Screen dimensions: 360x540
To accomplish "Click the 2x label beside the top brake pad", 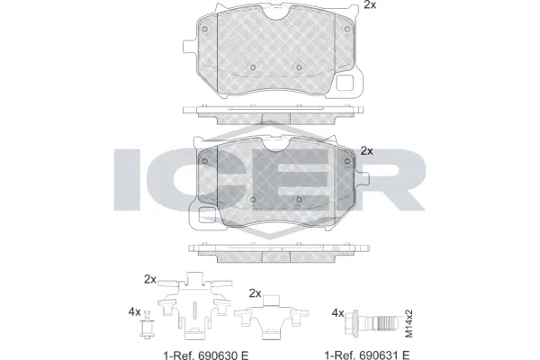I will pyautogui.click(x=370, y=6).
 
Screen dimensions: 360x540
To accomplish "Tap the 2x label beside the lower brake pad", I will pyautogui.click(x=366, y=151).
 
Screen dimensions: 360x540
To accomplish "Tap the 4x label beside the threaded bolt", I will pyautogui.click(x=338, y=312).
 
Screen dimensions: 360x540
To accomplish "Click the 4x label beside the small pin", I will pyautogui.click(x=135, y=312).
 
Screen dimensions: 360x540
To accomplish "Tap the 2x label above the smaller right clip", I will pyautogui.click(x=255, y=292).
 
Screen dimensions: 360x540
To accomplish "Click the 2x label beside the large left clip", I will pyautogui.click(x=149, y=277).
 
